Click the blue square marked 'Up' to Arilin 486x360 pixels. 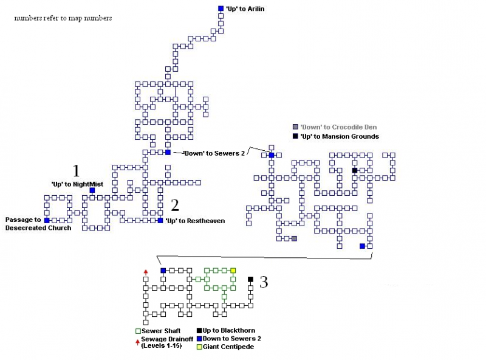coord(221,9)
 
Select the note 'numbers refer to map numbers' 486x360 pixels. coord(63,18)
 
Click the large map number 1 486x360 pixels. coord(76,171)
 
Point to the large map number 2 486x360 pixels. coord(174,205)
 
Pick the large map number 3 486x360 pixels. coord(263,282)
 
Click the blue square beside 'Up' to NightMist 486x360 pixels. coord(92,190)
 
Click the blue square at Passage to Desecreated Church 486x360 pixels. coord(47,220)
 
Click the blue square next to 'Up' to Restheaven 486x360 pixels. coord(160,221)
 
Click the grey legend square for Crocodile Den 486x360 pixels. coord(295,126)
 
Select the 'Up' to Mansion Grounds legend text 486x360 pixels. coord(339,136)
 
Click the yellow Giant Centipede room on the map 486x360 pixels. coord(233,271)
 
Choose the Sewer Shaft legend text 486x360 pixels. coord(160,331)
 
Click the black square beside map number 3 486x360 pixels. coord(250,280)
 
